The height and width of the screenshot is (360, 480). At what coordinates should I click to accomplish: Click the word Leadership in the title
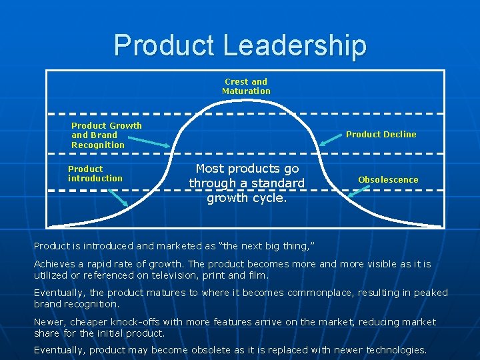pyautogui.click(x=295, y=45)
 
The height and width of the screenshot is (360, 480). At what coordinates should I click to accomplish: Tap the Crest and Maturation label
pyautogui.click(x=246, y=86)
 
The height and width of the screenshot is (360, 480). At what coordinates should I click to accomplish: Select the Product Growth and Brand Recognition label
pyautogui.click(x=106, y=135)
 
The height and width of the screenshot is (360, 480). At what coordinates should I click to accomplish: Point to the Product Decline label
pyautogui.click(x=381, y=134)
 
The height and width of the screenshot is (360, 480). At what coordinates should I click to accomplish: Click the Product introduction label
pyautogui.click(x=95, y=173)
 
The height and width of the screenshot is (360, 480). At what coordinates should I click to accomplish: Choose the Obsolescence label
pyautogui.click(x=388, y=179)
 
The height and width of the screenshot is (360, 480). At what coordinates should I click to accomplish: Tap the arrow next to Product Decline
pyautogui.click(x=332, y=138)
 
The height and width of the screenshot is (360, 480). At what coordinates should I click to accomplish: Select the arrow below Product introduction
pyautogui.click(x=119, y=197)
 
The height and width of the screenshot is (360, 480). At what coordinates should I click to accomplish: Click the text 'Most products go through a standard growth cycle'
pyautogui.click(x=247, y=183)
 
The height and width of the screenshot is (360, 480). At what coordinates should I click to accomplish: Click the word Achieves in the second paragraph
pyautogui.click(x=53, y=264)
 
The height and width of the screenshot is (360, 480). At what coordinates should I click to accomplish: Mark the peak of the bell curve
pyautogui.click(x=246, y=99)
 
